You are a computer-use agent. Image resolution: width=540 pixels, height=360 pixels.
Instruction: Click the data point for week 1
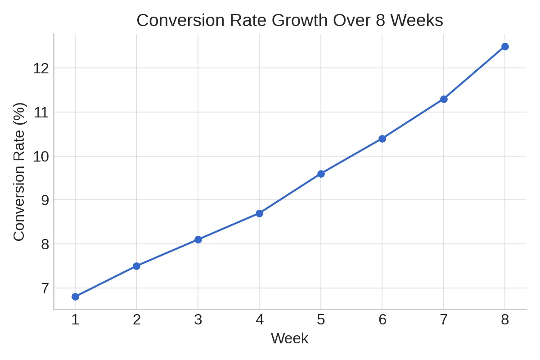(75, 297)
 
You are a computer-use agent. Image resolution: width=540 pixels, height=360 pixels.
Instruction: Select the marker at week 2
(136, 266)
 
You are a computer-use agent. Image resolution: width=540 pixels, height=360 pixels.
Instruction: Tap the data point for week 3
(198, 239)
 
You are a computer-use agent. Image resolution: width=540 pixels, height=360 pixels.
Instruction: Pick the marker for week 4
(259, 213)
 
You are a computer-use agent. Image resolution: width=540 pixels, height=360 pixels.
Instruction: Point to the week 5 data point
(321, 174)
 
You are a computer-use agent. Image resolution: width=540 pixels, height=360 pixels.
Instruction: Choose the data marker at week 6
(382, 139)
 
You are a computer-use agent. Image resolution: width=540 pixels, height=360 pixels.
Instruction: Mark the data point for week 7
(444, 99)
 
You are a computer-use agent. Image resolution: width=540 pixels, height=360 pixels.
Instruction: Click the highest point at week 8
(505, 46)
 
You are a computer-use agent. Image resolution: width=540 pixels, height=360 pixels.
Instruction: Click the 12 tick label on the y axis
(40, 68)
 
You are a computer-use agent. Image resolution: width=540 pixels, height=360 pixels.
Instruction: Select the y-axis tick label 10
(40, 157)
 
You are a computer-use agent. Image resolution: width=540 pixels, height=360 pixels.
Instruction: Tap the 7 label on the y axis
(45, 288)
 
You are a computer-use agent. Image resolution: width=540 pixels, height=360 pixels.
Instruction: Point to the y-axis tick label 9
(45, 200)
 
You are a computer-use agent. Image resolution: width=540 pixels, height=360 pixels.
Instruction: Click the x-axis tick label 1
(75, 319)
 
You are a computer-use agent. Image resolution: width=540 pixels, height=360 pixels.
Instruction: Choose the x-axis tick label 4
(259, 319)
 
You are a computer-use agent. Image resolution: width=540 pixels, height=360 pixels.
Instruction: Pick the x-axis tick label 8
(505, 319)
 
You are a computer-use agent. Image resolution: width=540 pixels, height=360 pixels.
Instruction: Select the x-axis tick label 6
(382, 319)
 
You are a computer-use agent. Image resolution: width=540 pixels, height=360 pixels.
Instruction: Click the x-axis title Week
(289, 338)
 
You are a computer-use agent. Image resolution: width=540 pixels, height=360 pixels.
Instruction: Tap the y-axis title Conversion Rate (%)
(19, 171)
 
